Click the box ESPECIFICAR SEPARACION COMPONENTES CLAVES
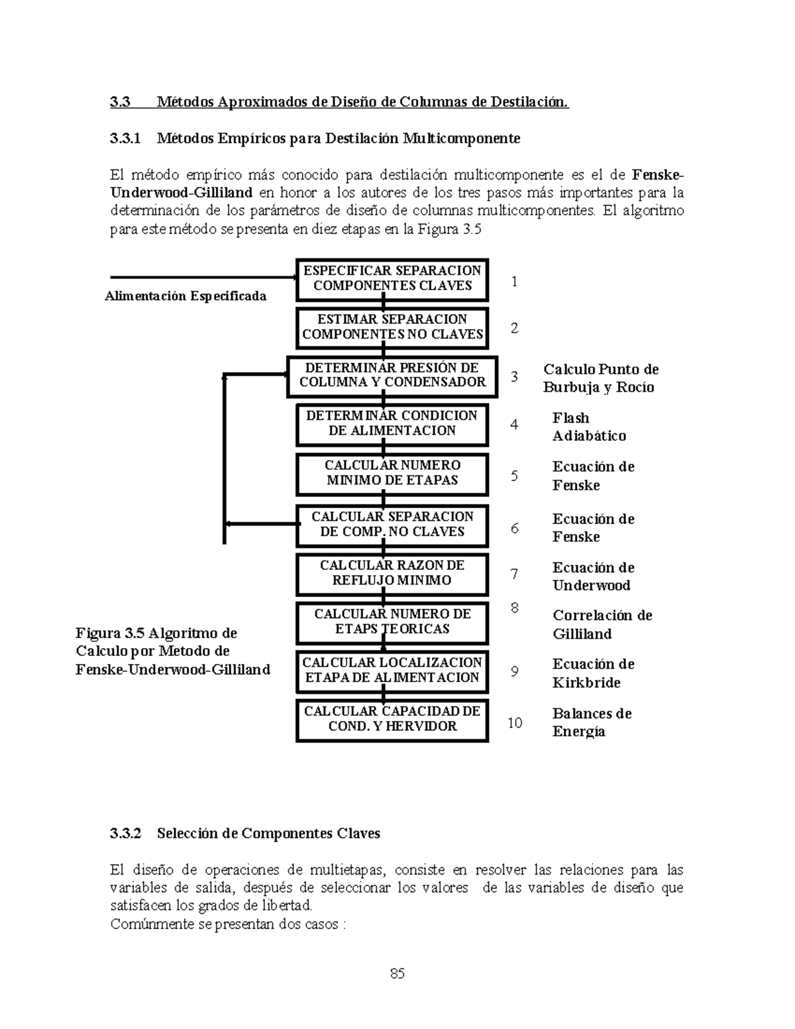coord(392,279)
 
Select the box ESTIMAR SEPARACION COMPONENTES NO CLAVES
coord(392,327)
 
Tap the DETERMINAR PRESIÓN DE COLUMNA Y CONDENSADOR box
coord(392,376)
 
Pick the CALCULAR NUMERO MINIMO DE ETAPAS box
coord(392,473)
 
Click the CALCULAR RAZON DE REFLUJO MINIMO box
coord(392,573)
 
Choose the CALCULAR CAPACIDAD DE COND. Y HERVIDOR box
coord(392,719)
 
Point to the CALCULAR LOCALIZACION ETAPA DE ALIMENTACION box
coord(392,671)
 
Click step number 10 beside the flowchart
coord(515,723)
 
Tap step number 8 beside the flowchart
coord(514,608)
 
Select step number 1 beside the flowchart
coord(514,282)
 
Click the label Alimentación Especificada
coord(185,296)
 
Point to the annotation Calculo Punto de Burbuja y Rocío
coord(600,378)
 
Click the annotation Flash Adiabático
coord(588,427)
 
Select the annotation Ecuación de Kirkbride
coord(593,673)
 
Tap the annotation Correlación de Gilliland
coord(602,624)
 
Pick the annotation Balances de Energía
coord(592,722)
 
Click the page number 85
coord(397,974)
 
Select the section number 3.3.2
coord(126,834)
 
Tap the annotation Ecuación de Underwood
coord(593,576)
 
